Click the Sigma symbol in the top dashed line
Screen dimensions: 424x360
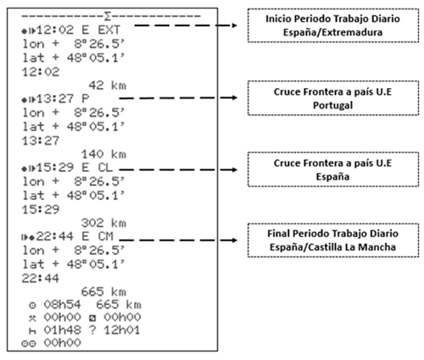coord(108,16)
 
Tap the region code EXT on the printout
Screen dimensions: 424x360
coord(109,30)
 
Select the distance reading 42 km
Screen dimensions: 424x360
coord(108,86)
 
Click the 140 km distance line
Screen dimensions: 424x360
coord(103,154)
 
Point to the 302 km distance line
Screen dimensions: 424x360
coord(103,224)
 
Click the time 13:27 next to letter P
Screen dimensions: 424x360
coord(55,99)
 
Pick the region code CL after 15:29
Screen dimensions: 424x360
coord(105,168)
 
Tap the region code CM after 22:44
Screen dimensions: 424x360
coord(105,236)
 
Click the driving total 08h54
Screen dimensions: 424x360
coord(62,305)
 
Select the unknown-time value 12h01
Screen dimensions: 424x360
coord(122,330)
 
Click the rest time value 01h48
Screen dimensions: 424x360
coord(62,330)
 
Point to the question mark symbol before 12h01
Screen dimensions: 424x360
coord(92,330)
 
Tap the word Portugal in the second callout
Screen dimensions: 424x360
coord(332,105)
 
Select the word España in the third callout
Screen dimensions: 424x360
coord(332,177)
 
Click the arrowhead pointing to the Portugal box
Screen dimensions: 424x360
coord(234,97)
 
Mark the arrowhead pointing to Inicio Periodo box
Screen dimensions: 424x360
coord(234,25)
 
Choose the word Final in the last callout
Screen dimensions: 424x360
coord(278,234)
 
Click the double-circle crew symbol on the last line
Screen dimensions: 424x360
coord(29,343)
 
